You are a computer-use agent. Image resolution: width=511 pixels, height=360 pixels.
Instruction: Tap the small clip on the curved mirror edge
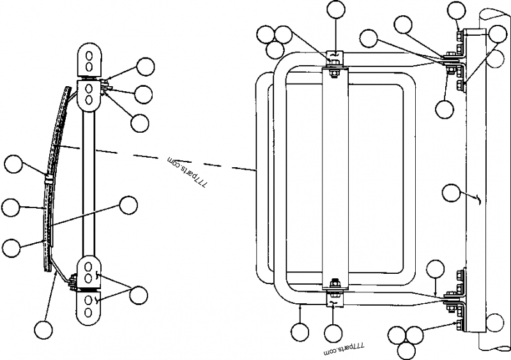click(49, 177)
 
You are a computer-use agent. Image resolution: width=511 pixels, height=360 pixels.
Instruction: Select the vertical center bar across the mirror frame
click(335, 179)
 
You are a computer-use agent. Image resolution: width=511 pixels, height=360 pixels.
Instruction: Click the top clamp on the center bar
click(334, 59)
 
